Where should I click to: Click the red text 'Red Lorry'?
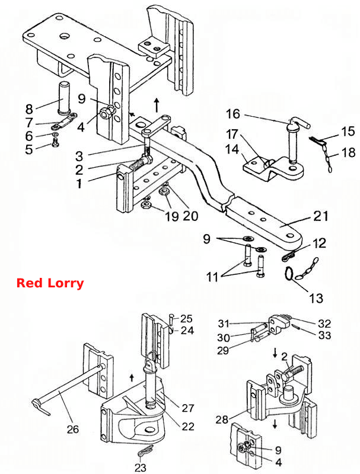[50, 283]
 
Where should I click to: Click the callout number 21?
[320, 216]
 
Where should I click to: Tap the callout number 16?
[233, 114]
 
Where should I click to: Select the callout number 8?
[28, 108]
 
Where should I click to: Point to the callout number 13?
[316, 298]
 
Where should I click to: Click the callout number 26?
[72, 429]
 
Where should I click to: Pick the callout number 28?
[221, 419]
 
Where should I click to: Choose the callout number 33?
[324, 335]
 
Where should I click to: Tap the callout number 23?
[141, 467]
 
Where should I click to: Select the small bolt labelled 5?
[55, 142]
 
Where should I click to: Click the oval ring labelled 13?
[288, 274]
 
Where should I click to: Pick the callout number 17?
[232, 134]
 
